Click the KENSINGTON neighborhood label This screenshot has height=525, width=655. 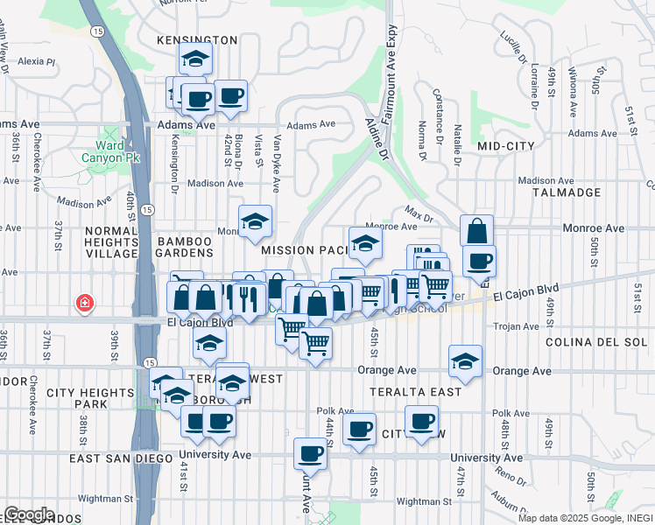point(197,40)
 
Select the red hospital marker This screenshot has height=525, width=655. point(84,303)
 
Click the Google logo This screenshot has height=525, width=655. point(28,514)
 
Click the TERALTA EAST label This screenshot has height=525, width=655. point(415,392)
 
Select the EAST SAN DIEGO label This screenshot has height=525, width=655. point(123,458)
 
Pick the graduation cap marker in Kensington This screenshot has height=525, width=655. point(195,59)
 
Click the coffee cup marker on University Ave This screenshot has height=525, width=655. point(310,454)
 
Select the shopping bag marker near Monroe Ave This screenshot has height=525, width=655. point(476,231)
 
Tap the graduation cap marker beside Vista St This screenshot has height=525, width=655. point(255,221)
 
